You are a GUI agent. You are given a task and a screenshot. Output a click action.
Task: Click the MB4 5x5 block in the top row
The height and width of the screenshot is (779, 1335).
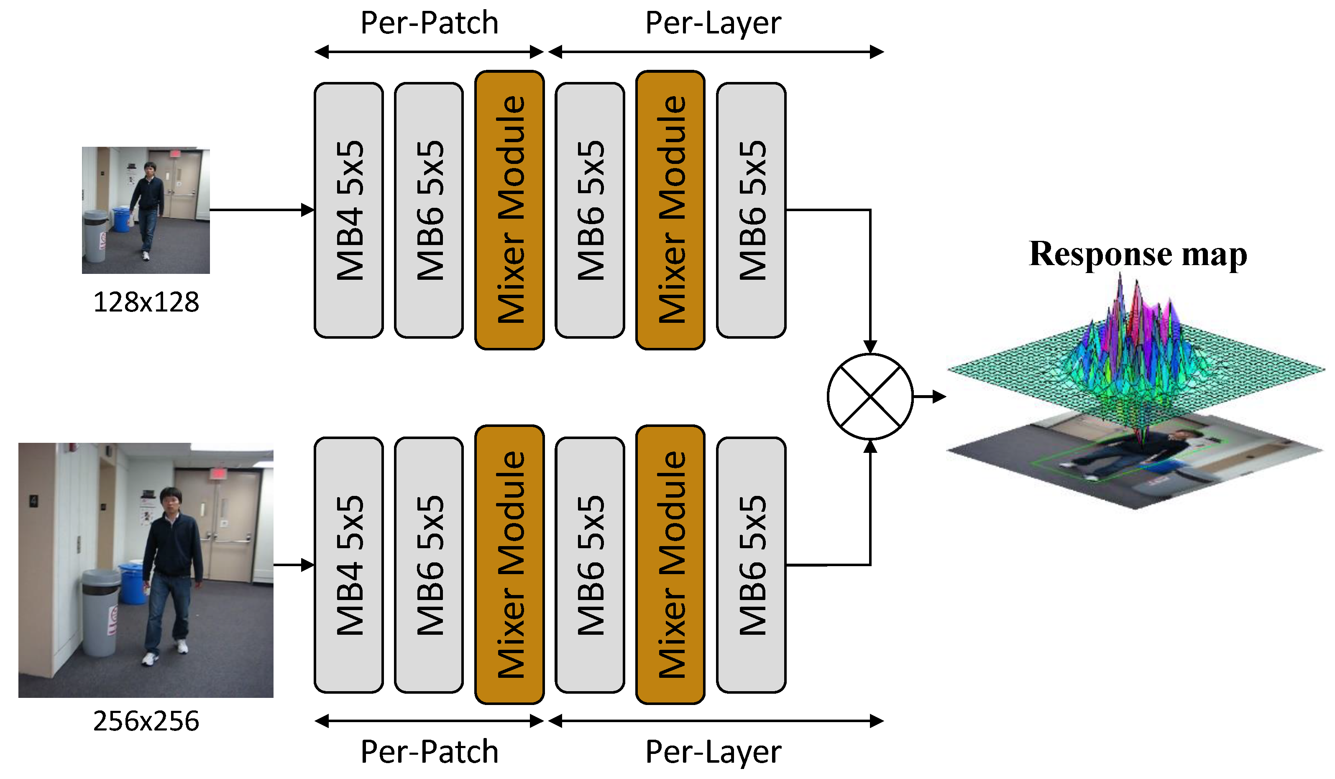click(x=348, y=210)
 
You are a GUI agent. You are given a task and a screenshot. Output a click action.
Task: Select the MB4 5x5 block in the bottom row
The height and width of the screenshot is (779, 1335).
click(x=348, y=565)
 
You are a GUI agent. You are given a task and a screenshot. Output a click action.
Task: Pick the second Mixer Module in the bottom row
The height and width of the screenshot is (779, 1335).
click(x=670, y=565)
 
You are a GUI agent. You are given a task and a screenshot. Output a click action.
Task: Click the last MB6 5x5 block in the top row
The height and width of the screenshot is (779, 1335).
click(x=751, y=210)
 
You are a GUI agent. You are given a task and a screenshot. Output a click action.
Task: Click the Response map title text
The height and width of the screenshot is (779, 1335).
click(x=1138, y=255)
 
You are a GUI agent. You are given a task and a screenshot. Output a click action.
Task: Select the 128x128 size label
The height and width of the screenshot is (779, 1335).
click(x=146, y=302)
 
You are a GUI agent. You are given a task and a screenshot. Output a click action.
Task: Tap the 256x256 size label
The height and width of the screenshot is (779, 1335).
click(x=146, y=721)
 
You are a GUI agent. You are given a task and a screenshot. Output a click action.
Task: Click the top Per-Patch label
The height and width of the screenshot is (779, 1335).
click(x=429, y=23)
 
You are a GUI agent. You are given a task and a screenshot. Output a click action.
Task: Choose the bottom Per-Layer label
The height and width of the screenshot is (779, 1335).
click(x=713, y=752)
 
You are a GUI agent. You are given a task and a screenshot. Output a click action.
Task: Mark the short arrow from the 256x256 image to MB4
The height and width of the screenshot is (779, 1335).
click(x=294, y=565)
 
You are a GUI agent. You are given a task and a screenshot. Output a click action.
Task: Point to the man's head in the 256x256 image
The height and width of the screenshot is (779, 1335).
click(x=171, y=499)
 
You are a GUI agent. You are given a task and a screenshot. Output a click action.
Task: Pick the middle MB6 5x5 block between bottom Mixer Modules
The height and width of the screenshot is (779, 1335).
click(x=590, y=565)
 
